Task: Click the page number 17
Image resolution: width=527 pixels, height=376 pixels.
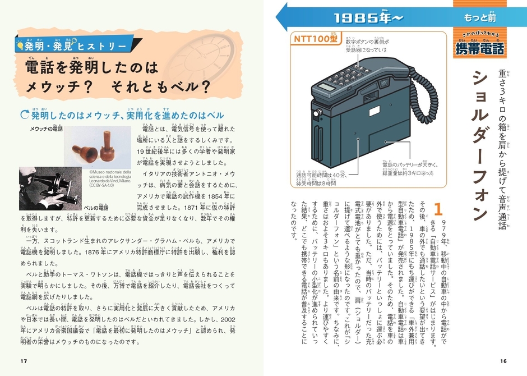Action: click(x=23, y=360)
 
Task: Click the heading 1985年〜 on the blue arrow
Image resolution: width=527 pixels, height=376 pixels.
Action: click(x=368, y=17)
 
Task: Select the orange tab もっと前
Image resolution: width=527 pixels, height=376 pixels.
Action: click(x=479, y=18)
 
